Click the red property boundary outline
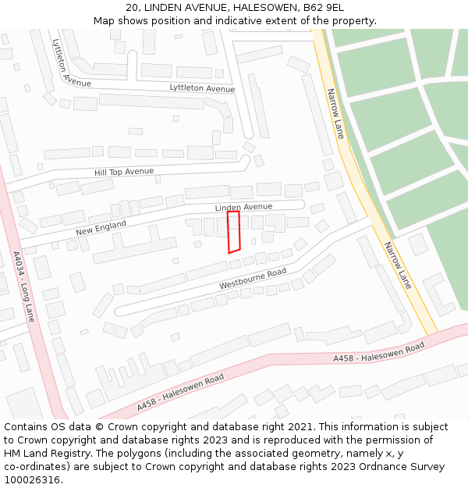(x=233, y=231)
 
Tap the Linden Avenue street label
(x=243, y=208)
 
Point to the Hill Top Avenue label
(x=124, y=171)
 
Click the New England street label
(x=101, y=227)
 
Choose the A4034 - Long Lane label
(x=23, y=287)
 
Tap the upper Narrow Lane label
(x=335, y=114)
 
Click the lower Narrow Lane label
(x=397, y=265)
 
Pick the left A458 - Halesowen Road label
(x=180, y=392)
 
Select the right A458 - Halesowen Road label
(x=378, y=353)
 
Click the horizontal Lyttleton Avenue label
(x=202, y=88)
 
